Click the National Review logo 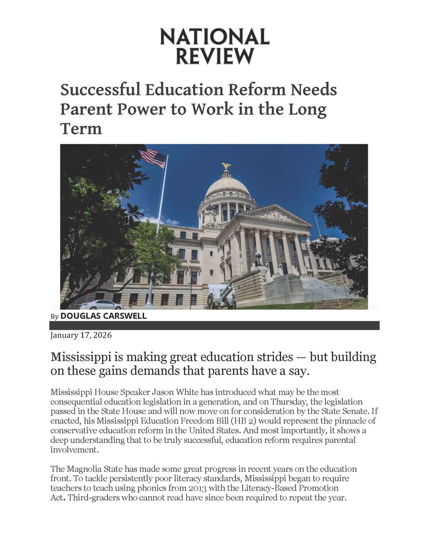click(x=214, y=46)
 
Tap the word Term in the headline click(x=81, y=128)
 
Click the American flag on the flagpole click(x=154, y=158)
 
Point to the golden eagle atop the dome click(x=226, y=166)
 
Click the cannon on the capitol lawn click(x=222, y=295)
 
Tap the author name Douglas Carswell click(x=103, y=316)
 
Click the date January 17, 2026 click(x=81, y=335)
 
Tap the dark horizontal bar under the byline click(x=214, y=325)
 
